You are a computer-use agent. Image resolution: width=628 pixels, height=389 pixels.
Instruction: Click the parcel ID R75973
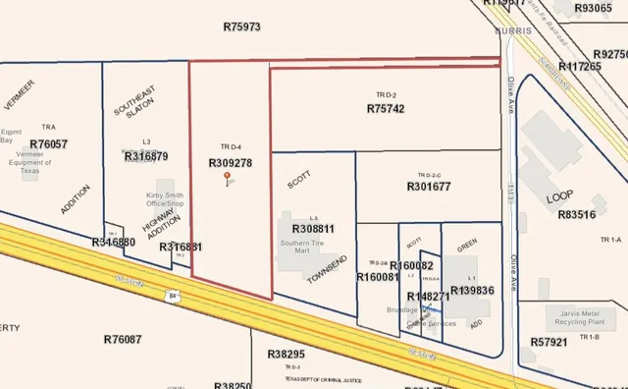point(241,27)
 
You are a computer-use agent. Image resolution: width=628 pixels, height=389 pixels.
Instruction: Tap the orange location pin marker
point(228,178)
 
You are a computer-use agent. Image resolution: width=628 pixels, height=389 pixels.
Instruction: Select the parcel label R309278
point(231,163)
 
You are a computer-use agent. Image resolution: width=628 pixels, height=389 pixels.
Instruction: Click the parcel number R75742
point(386,109)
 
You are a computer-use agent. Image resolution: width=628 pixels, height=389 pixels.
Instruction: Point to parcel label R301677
point(429,186)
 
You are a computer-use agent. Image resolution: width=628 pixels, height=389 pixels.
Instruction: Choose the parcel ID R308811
point(314,229)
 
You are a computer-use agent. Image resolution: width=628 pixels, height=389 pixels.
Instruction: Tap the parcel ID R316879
point(146,156)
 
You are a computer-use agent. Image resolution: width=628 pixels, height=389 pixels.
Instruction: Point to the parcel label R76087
point(123,339)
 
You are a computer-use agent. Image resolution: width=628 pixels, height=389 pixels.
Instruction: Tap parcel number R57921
point(549,342)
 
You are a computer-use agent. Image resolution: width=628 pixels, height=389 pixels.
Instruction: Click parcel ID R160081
point(378,277)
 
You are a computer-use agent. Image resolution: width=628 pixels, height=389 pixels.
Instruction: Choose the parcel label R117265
point(579,67)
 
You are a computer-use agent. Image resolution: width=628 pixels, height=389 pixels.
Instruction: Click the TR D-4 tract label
point(231,146)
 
